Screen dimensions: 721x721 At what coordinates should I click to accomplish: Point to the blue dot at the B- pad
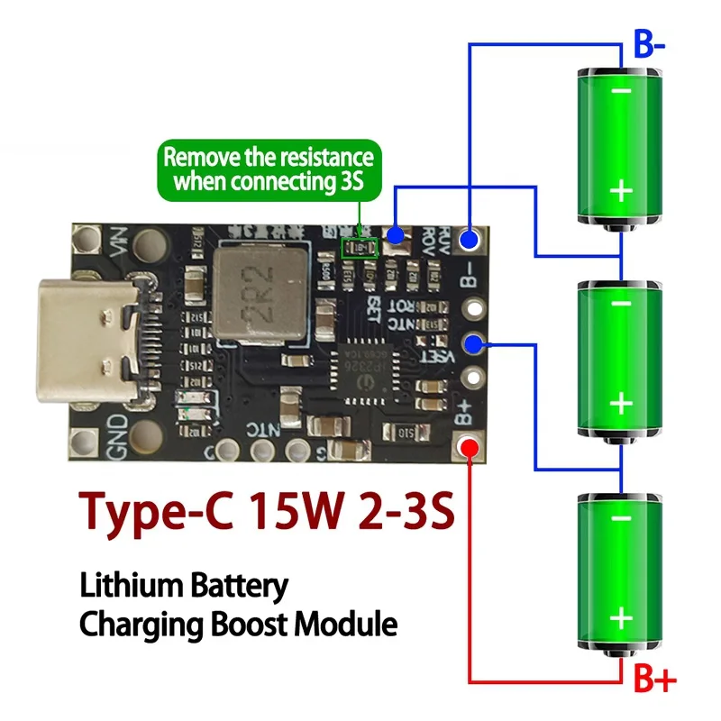[x=469, y=239]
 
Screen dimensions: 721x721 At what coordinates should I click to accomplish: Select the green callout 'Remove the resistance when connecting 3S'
[x=268, y=169]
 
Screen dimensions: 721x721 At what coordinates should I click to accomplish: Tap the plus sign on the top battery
[x=621, y=190]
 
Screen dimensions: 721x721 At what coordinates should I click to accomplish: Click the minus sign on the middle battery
[x=621, y=305]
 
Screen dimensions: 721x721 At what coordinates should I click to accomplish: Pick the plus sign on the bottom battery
[x=621, y=617]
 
